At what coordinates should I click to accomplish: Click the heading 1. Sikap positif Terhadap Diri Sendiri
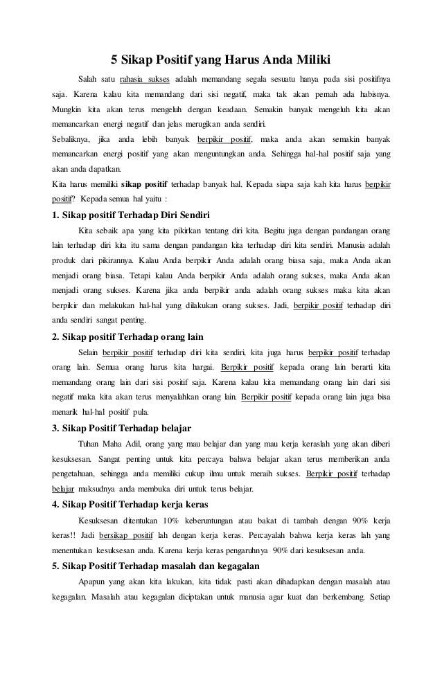(x=131, y=213)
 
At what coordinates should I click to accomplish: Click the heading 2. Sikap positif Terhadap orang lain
(x=127, y=337)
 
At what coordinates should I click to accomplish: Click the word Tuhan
(x=89, y=443)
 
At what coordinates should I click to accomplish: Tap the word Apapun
(x=91, y=582)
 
